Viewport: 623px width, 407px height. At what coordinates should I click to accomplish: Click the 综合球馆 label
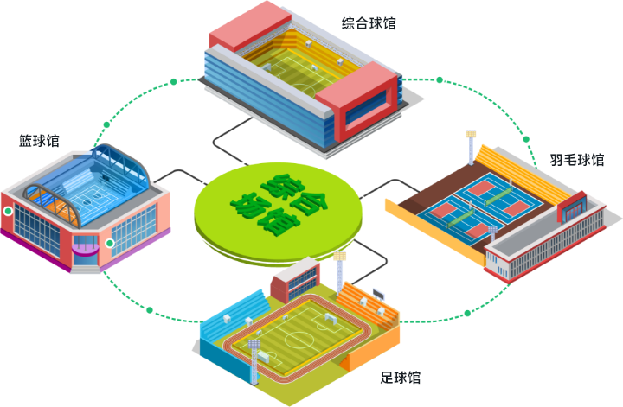pos(369,23)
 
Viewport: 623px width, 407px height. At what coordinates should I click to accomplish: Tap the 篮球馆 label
pos(39,140)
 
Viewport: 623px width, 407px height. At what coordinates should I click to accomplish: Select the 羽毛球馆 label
pos(576,160)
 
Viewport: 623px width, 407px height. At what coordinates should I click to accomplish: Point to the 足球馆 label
pos(401,378)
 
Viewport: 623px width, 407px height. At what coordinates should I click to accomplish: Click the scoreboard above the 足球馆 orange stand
pos(377,291)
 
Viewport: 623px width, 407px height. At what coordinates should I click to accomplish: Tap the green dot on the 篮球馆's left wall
pos(8,210)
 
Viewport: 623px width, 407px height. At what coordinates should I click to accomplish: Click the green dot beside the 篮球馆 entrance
pos(109,244)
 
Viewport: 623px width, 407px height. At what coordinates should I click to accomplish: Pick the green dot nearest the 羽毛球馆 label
pos(525,139)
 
